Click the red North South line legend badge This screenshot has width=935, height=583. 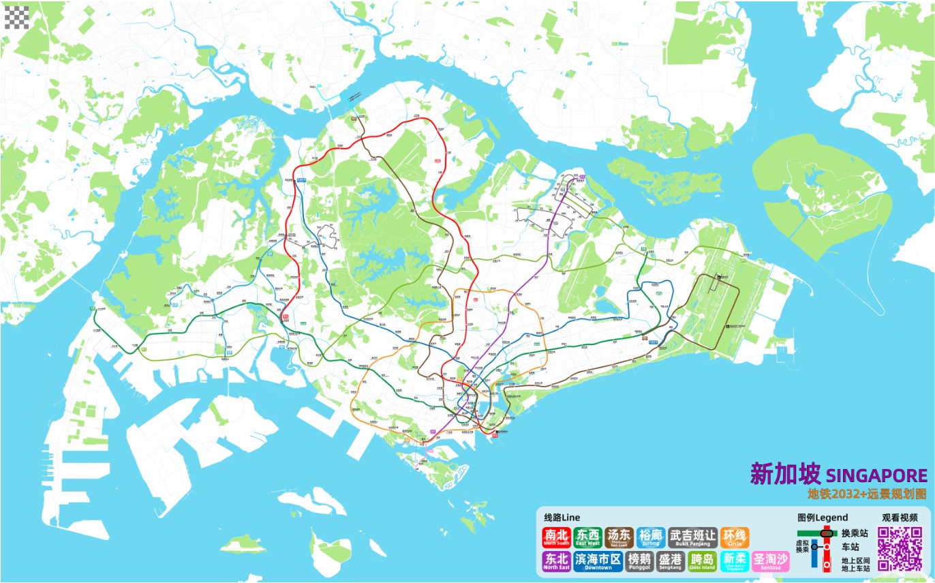[556, 537]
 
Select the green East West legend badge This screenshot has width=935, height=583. [587, 537]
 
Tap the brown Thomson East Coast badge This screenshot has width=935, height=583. [619, 537]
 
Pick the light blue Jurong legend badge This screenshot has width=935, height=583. [650, 537]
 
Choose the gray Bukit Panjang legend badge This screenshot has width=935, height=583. [692, 537]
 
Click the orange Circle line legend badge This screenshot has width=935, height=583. [735, 537]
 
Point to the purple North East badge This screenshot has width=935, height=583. [556, 561]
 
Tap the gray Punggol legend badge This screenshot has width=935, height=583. [639, 561]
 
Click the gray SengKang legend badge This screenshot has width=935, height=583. [671, 561]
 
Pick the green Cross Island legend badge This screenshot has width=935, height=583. [702, 561]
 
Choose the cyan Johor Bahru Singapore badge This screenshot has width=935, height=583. [733, 561]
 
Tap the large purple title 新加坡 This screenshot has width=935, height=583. [785, 474]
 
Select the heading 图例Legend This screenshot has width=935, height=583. [823, 518]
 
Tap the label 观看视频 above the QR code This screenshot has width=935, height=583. [900, 518]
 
